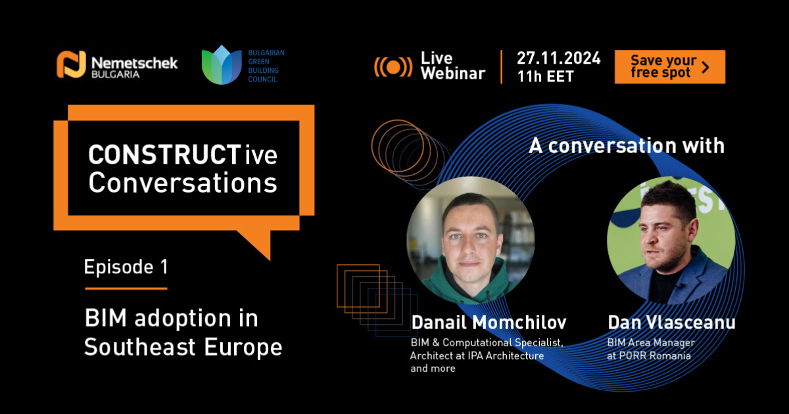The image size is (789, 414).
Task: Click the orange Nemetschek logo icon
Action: (x=71, y=64)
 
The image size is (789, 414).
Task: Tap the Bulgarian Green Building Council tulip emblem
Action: (x=222, y=65)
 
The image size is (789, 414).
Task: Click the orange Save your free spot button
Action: (x=669, y=67)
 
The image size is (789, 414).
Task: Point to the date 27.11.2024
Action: (x=559, y=58)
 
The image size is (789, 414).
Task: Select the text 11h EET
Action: (x=546, y=76)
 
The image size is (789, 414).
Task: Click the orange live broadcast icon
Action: (x=393, y=67)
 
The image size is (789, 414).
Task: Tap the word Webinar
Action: (x=453, y=74)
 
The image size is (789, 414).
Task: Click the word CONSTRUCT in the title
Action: (x=164, y=155)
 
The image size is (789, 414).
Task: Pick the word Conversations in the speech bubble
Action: (x=183, y=183)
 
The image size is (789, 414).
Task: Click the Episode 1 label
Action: (x=126, y=267)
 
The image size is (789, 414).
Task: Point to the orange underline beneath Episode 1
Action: (x=126, y=288)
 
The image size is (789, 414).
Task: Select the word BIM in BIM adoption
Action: (x=106, y=318)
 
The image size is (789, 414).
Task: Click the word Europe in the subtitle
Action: (x=243, y=348)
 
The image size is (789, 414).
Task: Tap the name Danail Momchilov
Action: (x=489, y=323)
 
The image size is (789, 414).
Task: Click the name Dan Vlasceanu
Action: (x=672, y=323)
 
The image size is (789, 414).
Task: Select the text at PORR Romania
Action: (x=649, y=356)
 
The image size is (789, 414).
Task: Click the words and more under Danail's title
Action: (x=433, y=369)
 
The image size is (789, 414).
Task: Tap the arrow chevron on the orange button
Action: (x=705, y=67)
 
